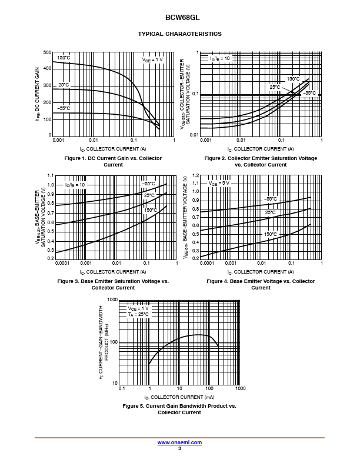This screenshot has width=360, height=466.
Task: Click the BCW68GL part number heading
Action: [179, 18]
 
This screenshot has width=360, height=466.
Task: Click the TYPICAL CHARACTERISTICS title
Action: [179, 34]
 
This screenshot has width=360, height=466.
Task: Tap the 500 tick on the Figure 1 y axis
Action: [47, 53]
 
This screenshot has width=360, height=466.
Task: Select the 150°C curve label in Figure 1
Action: [64, 58]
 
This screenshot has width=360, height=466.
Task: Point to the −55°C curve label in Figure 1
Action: [64, 108]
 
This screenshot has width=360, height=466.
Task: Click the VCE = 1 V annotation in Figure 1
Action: [152, 59]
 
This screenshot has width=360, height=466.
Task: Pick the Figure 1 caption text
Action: [113, 161]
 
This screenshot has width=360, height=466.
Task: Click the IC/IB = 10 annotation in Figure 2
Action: [221, 59]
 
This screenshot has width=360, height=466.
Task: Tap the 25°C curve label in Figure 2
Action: [275, 87]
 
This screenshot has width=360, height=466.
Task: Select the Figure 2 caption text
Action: [261, 161]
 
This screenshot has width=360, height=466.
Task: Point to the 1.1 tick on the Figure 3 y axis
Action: [50, 176]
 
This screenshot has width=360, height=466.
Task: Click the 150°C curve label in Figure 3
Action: [151, 210]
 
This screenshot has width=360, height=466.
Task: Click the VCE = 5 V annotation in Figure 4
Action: [219, 183]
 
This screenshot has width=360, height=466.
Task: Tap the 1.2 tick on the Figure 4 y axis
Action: [196, 176]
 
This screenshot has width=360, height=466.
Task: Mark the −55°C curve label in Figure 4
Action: [271, 199]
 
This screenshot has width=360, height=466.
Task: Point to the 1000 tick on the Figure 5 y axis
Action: [113, 299]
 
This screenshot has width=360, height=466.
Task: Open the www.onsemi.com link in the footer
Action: [179, 442]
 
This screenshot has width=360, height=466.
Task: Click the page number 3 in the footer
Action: [179, 448]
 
